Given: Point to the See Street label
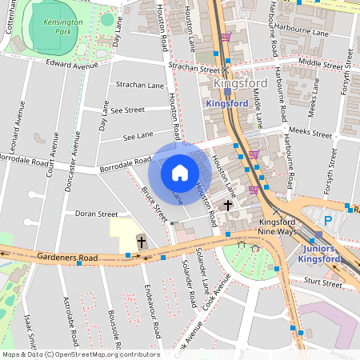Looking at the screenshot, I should [x=128, y=110].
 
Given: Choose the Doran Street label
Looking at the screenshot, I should [x=96, y=214].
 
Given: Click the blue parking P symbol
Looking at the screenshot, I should [x=327, y=220].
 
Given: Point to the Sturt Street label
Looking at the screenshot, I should [x=324, y=282].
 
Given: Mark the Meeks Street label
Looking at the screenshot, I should [x=310, y=132].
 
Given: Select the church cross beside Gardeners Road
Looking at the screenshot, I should [x=142, y=242].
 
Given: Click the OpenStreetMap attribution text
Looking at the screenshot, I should [x=80, y=354].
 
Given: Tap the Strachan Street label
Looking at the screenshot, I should [x=194, y=70].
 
